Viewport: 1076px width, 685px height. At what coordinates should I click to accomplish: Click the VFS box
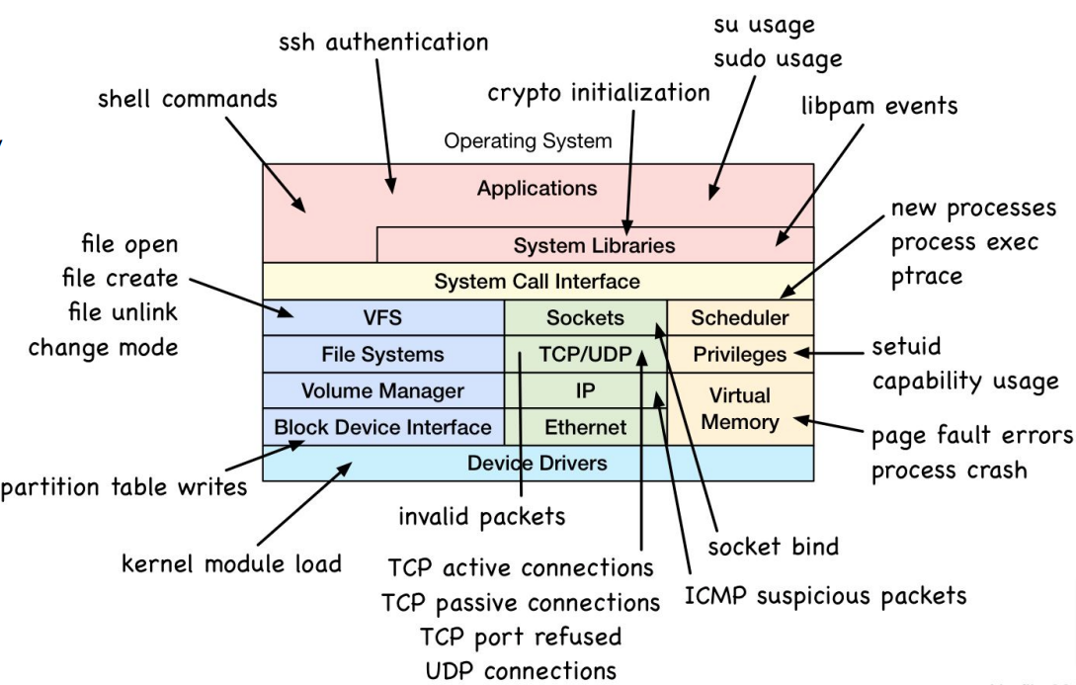click(x=382, y=318)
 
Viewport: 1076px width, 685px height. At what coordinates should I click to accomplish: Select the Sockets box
click(x=585, y=318)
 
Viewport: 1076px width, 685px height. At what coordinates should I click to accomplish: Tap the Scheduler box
click(x=740, y=318)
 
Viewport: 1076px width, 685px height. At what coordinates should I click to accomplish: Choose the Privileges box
click(x=740, y=354)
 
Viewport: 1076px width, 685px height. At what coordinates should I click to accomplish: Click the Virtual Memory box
click(x=740, y=408)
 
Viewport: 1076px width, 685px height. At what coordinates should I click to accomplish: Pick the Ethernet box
click(x=585, y=427)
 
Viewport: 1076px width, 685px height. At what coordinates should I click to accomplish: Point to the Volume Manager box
click(x=382, y=390)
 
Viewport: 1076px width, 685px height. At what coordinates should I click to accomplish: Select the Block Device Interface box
click(x=382, y=427)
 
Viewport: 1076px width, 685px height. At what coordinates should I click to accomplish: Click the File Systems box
click(x=382, y=354)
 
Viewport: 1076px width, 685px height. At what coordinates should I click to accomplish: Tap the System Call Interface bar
click(x=537, y=282)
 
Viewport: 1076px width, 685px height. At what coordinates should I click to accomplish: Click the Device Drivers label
click(x=537, y=463)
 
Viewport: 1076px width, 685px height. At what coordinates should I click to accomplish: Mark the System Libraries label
click(x=594, y=245)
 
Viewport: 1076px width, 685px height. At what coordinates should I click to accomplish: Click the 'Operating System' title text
click(x=528, y=141)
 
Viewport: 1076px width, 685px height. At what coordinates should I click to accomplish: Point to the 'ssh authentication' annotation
click(x=383, y=43)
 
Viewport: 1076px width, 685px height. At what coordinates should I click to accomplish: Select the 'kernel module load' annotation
click(x=231, y=564)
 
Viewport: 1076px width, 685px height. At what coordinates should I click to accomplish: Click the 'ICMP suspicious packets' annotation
click(x=826, y=596)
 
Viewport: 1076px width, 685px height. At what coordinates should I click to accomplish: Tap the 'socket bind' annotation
click(x=773, y=547)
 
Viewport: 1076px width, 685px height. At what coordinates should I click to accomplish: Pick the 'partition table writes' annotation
click(x=124, y=488)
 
